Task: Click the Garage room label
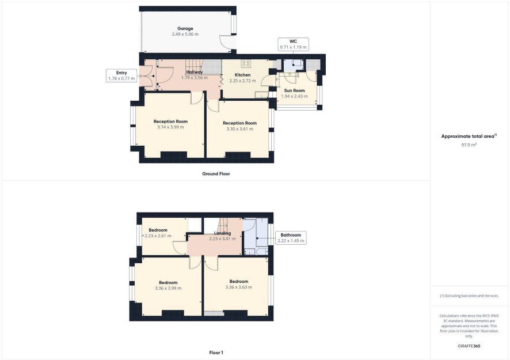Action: coord(185,29)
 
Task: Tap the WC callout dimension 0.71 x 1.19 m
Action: coord(293,47)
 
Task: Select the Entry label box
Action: coord(121,75)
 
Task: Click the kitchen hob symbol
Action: coord(246,63)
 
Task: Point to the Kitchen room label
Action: coord(243,75)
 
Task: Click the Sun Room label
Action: coord(294,90)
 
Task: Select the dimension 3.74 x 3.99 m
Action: coord(170,127)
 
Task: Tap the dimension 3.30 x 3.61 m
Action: coord(239,129)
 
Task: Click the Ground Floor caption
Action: coord(216,174)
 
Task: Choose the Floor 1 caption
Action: coord(216,353)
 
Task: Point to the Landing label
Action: coord(222,233)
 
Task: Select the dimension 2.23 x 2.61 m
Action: coord(158,236)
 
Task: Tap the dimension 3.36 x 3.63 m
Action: coord(239,287)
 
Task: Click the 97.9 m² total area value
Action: coord(469,145)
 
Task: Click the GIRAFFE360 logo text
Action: coord(469,346)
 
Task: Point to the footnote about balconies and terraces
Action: coord(469,296)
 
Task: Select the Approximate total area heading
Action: coord(469,137)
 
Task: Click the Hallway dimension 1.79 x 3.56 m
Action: coord(195,78)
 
